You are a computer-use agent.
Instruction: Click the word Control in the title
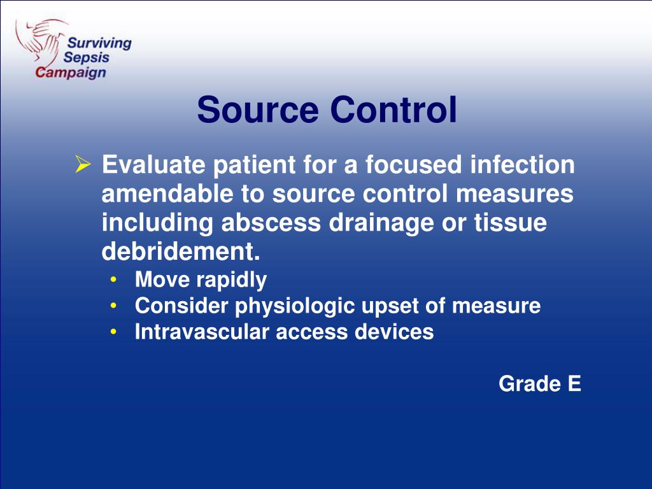(393, 110)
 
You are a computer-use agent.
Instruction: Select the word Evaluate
(153, 166)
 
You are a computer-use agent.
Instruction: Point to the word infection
(522, 166)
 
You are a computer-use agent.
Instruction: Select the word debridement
(181, 252)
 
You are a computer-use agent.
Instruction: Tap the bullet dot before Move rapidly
(113, 280)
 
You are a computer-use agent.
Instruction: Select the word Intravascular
(202, 332)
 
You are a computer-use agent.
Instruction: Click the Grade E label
(539, 384)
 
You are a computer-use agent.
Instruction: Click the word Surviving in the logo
(99, 44)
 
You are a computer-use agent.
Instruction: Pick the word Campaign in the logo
(70, 72)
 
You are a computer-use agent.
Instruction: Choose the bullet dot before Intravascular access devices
(113, 332)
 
